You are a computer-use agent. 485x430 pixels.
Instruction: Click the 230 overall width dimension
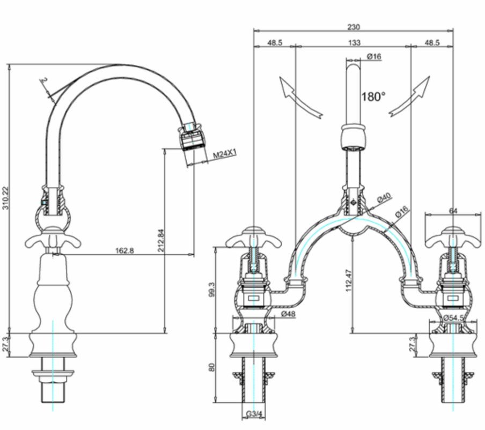pos(354,26)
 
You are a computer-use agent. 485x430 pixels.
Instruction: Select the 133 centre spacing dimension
pos(354,42)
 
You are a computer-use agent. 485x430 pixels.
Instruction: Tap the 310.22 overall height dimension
pos(6,198)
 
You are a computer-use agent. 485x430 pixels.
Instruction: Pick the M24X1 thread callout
pos(224,155)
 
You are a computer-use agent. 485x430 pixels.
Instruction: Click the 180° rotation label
pos(373,97)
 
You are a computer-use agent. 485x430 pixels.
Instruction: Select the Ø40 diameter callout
pos(384,198)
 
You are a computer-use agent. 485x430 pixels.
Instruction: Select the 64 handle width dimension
pos(453,211)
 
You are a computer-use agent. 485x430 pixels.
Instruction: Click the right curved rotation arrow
pos(411,97)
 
